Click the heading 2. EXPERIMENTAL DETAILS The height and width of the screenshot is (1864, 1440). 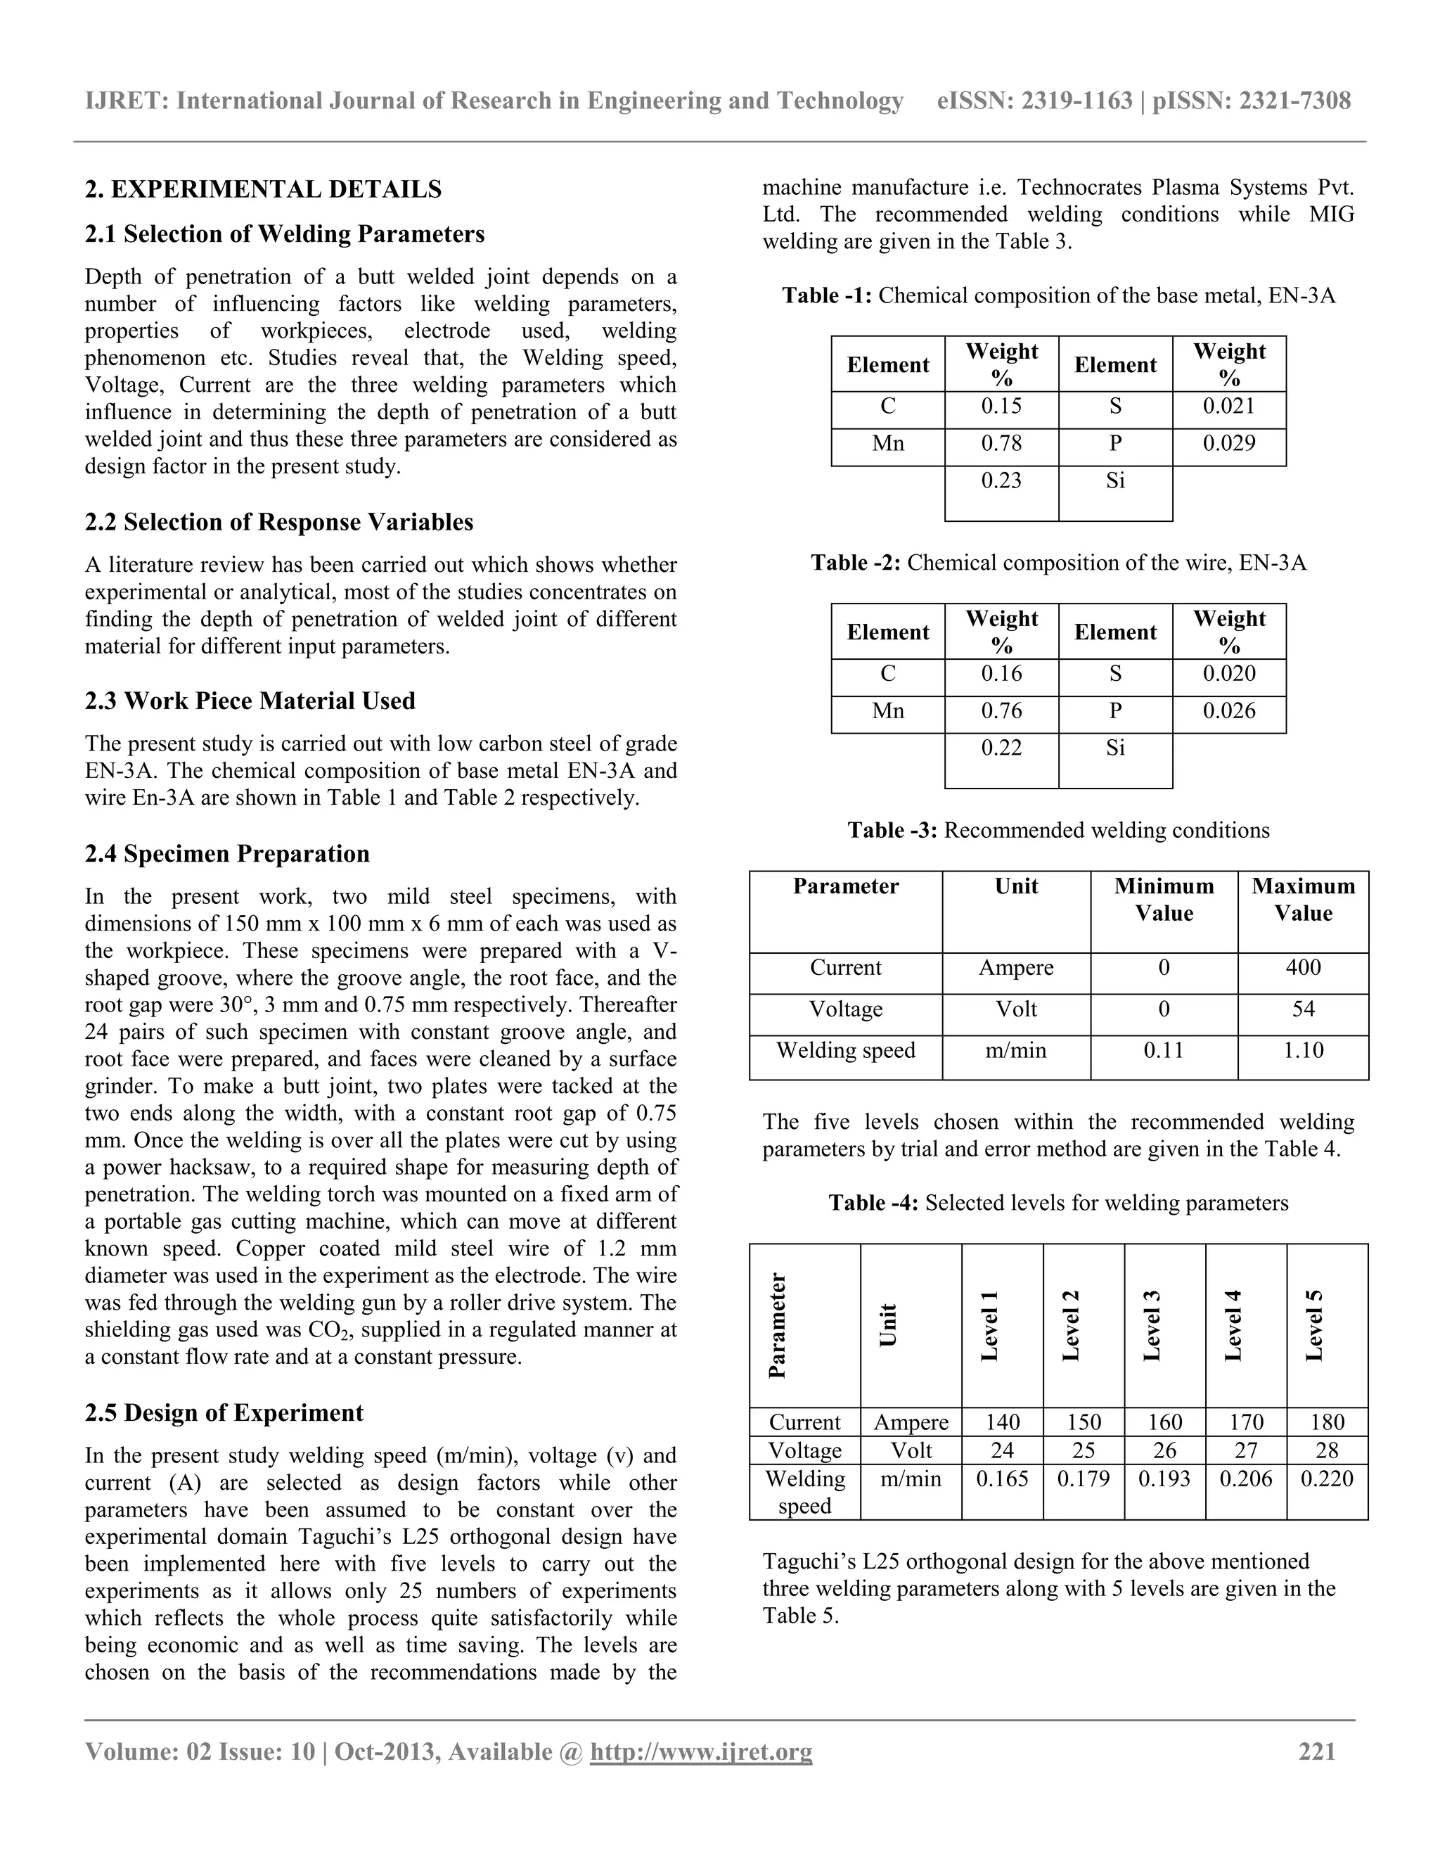pyautogui.click(x=263, y=189)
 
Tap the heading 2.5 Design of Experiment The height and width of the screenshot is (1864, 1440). pyautogui.click(x=224, y=1412)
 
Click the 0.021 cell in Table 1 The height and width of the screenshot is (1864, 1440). pyautogui.click(x=1228, y=407)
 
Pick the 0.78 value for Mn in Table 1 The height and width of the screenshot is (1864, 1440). pyautogui.click(x=1001, y=444)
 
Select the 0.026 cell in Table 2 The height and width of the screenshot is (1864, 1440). pyautogui.click(x=1228, y=711)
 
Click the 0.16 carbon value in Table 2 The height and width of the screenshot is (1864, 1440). pyautogui.click(x=1001, y=673)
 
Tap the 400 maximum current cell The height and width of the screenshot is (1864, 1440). pyautogui.click(x=1303, y=968)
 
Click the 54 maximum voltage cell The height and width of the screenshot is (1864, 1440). pyautogui.click(x=1303, y=1009)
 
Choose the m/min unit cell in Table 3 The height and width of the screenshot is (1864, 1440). pyautogui.click(x=1015, y=1051)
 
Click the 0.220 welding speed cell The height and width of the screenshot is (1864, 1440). pyautogui.click(x=1327, y=1479)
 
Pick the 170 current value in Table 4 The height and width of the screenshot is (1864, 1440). pyautogui.click(x=1245, y=1423)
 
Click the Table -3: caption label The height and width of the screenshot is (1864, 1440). pyautogui.click(x=892, y=831)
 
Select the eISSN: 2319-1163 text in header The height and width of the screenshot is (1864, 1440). pyautogui.click(x=1034, y=101)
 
